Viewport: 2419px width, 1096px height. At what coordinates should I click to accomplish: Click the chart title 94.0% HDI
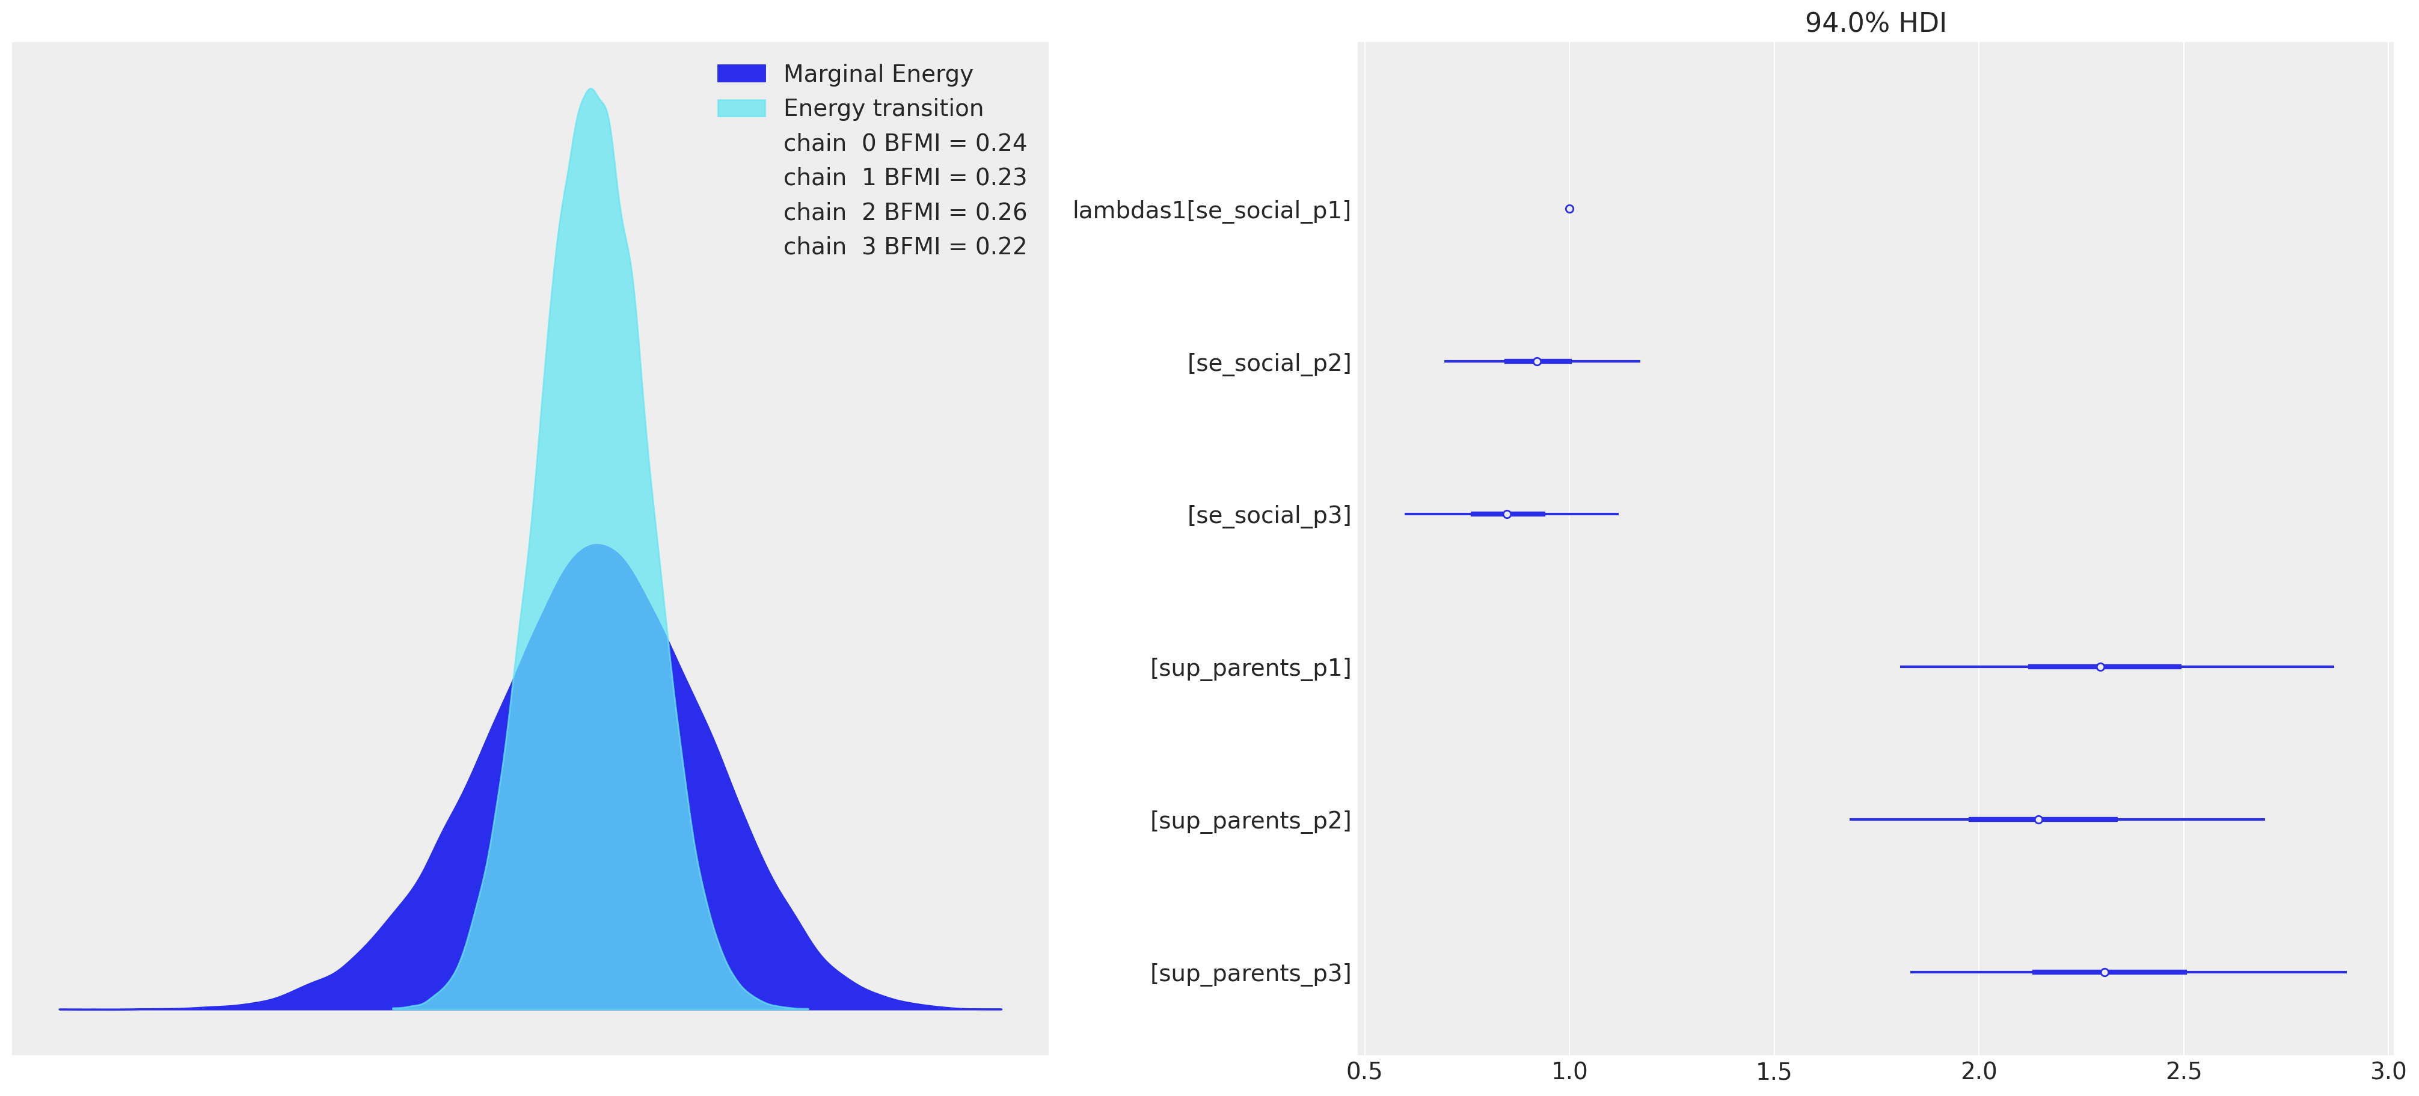pyautogui.click(x=1875, y=22)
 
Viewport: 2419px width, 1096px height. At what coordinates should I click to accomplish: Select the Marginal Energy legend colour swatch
pyautogui.click(x=741, y=73)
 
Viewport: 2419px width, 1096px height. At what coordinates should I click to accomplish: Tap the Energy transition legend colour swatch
pyautogui.click(x=741, y=108)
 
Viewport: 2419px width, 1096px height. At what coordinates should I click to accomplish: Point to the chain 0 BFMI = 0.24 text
pyautogui.click(x=904, y=142)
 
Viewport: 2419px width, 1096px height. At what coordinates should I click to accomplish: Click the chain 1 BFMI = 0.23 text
pyautogui.click(x=904, y=177)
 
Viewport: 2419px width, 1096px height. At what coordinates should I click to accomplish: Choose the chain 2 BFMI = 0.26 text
pyautogui.click(x=904, y=212)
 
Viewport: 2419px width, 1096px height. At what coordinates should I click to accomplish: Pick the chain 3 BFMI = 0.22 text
pyautogui.click(x=904, y=246)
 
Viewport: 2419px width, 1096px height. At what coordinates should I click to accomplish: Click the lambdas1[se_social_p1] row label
pyautogui.click(x=1212, y=210)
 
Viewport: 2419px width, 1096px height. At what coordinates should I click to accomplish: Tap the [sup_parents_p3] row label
pyautogui.click(x=1250, y=973)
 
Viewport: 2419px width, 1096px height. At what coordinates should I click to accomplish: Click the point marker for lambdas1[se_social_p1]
pyautogui.click(x=1569, y=209)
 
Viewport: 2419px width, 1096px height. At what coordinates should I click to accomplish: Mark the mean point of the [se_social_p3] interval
pyautogui.click(x=1507, y=513)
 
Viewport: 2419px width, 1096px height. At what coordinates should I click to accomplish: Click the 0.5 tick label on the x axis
pyautogui.click(x=1364, y=1071)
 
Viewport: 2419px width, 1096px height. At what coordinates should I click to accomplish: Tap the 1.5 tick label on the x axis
pyautogui.click(x=1774, y=1071)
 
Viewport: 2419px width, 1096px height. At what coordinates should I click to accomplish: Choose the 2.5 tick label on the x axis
pyautogui.click(x=2183, y=1071)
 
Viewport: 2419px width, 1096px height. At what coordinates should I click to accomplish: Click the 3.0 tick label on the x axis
pyautogui.click(x=2388, y=1071)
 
